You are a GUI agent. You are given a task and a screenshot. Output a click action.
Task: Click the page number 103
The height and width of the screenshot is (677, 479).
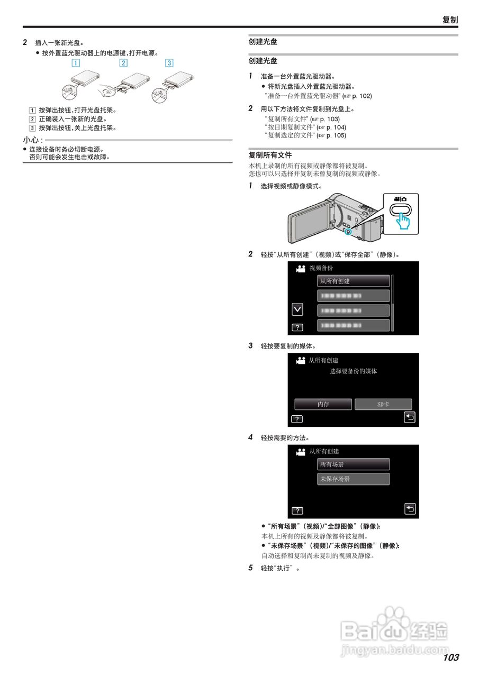pyautogui.click(x=451, y=657)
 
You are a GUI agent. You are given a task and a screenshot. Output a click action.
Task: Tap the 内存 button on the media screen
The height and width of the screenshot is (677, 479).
pyautogui.click(x=323, y=404)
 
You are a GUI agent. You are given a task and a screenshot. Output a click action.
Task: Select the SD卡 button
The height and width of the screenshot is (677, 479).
pyautogui.click(x=383, y=404)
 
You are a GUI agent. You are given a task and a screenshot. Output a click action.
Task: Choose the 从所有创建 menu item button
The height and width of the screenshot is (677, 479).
pyautogui.click(x=353, y=281)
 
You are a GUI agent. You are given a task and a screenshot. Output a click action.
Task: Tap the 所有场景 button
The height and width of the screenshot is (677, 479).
pyautogui.click(x=353, y=464)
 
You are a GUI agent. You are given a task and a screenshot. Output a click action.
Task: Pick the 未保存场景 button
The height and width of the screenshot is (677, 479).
pyautogui.click(x=353, y=479)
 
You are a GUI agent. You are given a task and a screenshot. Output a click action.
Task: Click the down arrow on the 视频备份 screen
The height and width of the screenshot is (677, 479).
pyautogui.click(x=297, y=309)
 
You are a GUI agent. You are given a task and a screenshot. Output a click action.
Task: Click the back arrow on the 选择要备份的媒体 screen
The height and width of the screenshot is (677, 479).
pyautogui.click(x=409, y=417)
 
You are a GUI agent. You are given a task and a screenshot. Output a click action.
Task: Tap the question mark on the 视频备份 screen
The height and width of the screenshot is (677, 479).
pyautogui.click(x=297, y=328)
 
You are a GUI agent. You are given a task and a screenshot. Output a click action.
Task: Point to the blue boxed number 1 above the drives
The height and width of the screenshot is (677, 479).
pyautogui.click(x=76, y=63)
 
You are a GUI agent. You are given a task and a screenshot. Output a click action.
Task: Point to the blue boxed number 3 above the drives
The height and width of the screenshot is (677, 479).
pyautogui.click(x=169, y=63)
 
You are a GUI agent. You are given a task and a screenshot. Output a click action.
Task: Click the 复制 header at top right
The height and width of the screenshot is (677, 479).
pyautogui.click(x=450, y=20)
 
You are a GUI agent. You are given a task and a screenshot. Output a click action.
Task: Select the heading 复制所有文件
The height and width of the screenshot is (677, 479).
pyautogui.click(x=270, y=155)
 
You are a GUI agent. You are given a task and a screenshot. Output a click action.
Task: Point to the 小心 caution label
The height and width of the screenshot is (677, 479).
pyautogui.click(x=32, y=140)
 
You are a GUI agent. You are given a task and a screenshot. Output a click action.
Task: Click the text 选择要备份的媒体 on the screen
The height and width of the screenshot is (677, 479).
pyautogui.click(x=353, y=371)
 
